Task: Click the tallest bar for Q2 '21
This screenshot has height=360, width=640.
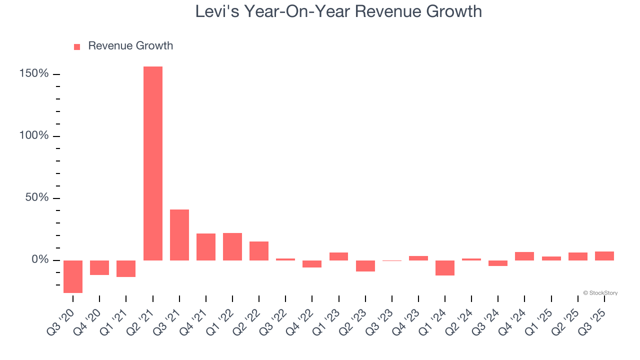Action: click(x=152, y=163)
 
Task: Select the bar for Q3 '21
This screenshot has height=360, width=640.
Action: click(x=179, y=235)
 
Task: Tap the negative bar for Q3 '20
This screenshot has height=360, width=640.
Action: click(x=73, y=276)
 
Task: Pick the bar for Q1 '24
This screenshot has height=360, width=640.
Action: click(x=445, y=268)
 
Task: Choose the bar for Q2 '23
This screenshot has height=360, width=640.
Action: click(x=365, y=266)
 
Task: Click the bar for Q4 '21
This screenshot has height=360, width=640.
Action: click(x=206, y=247)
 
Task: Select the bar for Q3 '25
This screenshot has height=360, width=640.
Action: click(x=604, y=256)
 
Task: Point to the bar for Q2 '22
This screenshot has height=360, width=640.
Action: click(x=259, y=251)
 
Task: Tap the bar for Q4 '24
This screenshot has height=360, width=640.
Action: click(x=524, y=256)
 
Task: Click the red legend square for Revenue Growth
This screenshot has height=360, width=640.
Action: click(x=77, y=47)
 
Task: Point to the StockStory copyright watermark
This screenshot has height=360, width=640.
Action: click(x=600, y=293)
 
